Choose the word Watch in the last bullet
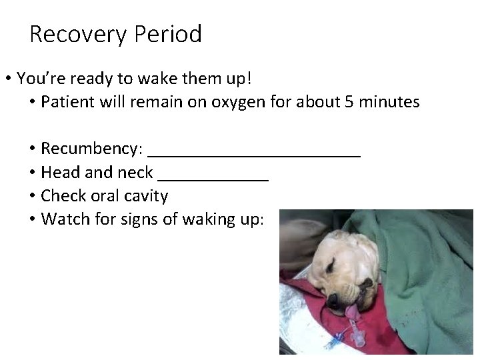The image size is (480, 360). [63, 219]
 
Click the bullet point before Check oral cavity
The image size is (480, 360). [32, 196]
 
